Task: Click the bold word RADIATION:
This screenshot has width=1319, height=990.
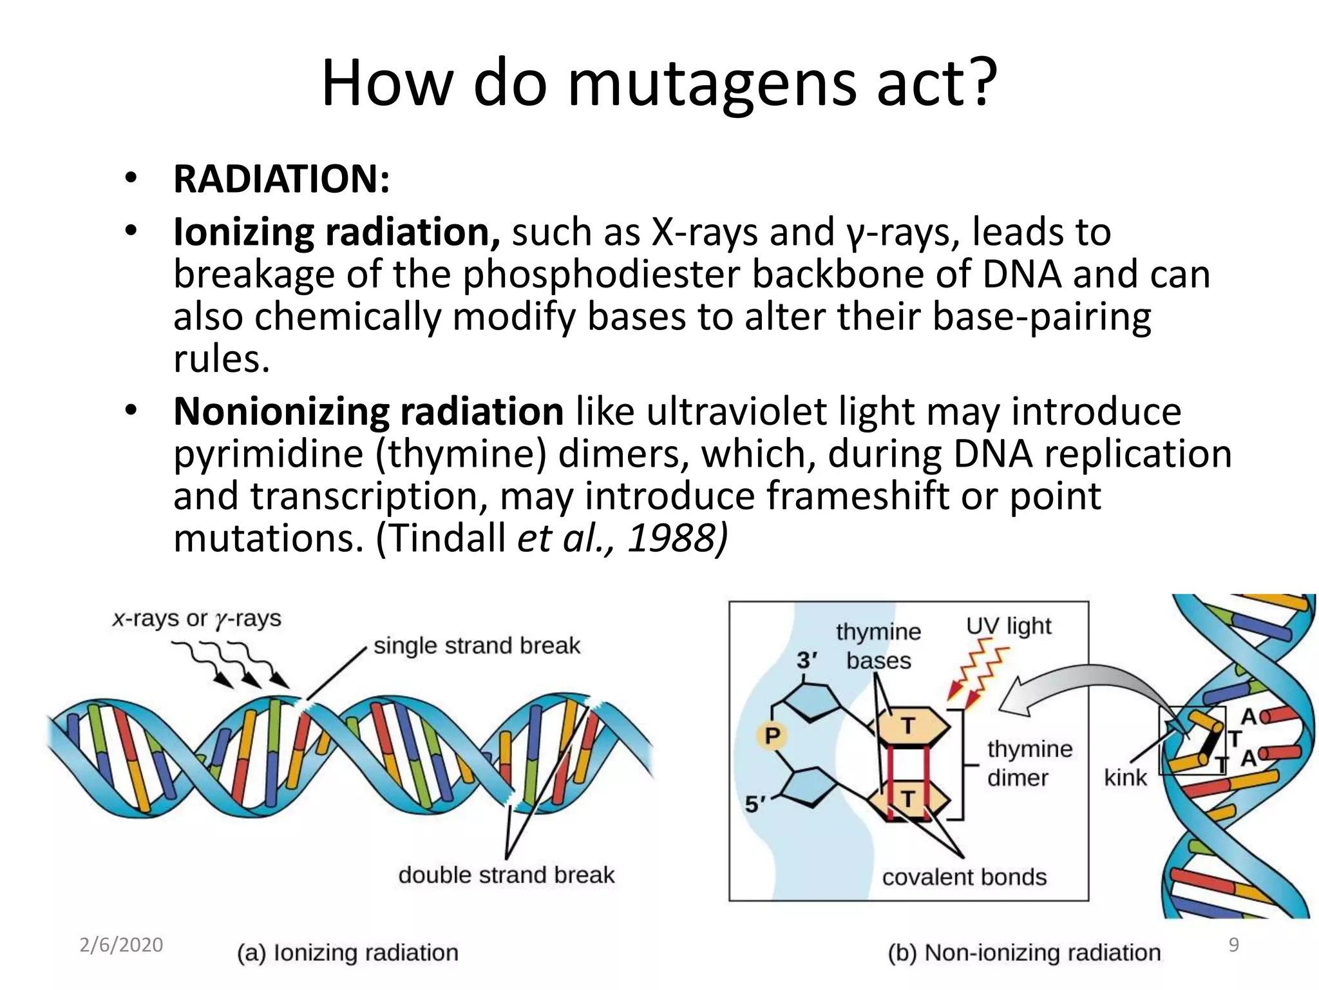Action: click(x=281, y=179)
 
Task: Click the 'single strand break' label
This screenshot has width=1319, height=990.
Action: click(x=477, y=645)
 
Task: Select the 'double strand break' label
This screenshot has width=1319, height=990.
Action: click(x=506, y=875)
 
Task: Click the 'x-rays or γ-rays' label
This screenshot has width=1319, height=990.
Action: click(x=197, y=619)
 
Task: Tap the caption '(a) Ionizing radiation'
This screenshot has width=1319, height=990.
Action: click(x=348, y=952)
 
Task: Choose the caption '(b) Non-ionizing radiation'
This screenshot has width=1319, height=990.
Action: click(x=1024, y=952)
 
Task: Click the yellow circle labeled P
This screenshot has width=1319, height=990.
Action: click(x=772, y=735)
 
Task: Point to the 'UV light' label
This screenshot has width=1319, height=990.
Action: click(x=1009, y=626)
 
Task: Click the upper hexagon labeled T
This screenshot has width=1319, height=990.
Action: click(x=909, y=726)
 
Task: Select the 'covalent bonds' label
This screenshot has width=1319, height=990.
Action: click(x=964, y=877)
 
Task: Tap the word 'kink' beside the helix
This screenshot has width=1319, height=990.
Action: click(x=1125, y=777)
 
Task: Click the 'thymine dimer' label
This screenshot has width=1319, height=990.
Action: click(x=1029, y=763)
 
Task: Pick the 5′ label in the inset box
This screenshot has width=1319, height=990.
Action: click(x=755, y=804)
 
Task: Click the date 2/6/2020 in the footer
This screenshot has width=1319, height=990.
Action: click(x=121, y=945)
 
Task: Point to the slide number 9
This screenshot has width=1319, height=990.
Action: click(x=1234, y=945)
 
